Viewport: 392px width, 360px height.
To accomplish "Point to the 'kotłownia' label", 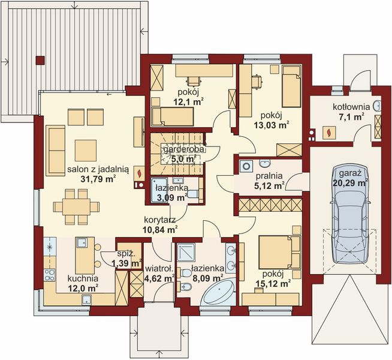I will click(351, 107).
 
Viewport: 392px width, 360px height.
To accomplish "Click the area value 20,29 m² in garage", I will click(350, 183).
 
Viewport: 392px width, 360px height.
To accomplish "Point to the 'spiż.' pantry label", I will click(125, 254).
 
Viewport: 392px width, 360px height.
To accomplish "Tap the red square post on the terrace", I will click(40, 59).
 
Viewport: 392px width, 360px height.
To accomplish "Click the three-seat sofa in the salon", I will click(56, 150).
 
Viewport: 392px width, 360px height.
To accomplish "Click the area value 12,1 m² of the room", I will click(188, 102).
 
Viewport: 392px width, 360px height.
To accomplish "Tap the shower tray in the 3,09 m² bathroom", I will click(161, 186).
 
